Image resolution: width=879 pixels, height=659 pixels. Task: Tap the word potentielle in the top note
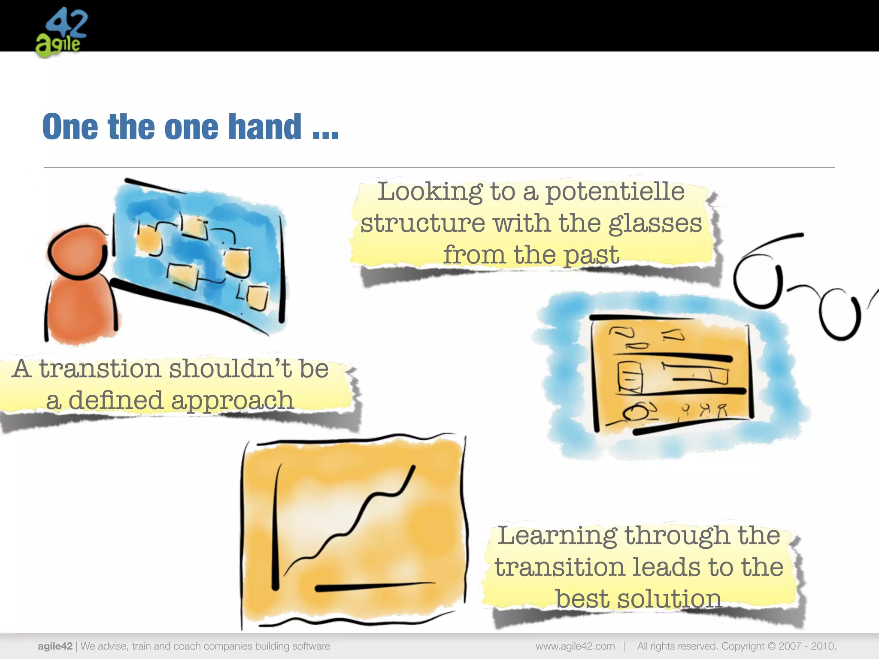pos(615,192)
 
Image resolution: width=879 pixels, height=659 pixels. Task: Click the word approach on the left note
pos(232,401)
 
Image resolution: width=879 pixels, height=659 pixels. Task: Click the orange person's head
pos(77,253)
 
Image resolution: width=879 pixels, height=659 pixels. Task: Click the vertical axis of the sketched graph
pos(276,528)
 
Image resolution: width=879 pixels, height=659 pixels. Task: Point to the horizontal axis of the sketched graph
pos(373,586)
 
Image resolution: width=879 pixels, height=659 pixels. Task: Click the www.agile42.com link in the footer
pos(575,646)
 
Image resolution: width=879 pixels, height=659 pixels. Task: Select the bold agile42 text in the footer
pos(55,646)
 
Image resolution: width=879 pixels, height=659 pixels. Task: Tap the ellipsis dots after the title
pos(326,136)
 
